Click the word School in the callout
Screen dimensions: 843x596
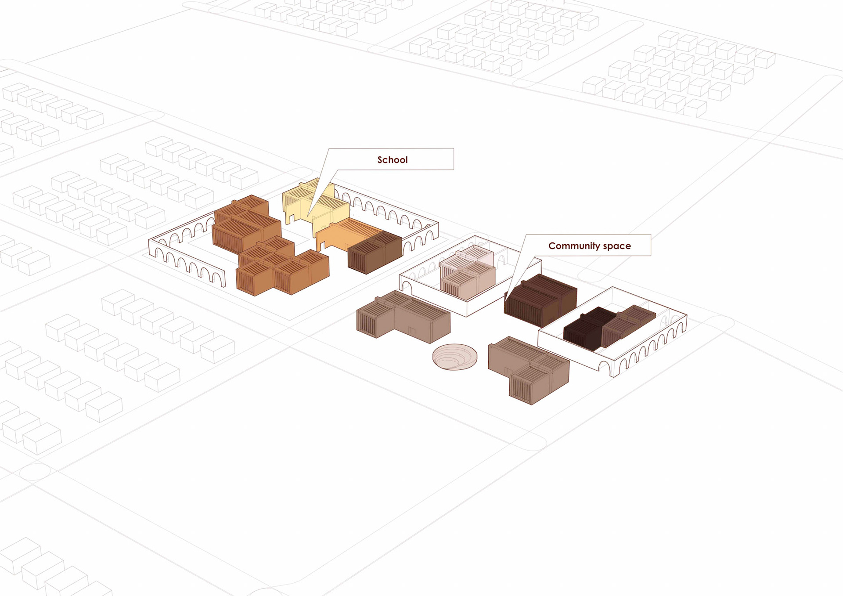click(x=392, y=160)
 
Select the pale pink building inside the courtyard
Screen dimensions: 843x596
click(x=468, y=275)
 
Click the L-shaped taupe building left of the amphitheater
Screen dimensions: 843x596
click(x=404, y=316)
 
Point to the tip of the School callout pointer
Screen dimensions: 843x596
click(x=308, y=215)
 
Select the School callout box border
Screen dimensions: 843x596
click(x=454, y=159)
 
